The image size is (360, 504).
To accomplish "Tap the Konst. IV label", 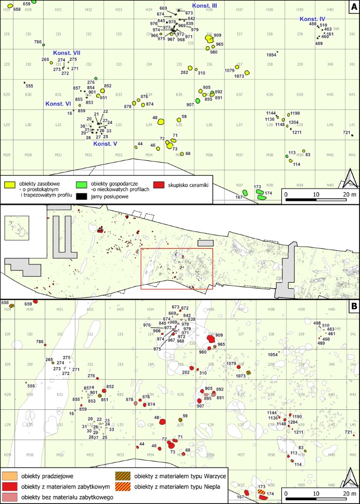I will tap(313, 19).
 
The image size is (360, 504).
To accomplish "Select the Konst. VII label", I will tap(67, 53).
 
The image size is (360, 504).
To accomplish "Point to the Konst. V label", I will tap(105, 144).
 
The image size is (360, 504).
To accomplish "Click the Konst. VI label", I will tap(58, 104).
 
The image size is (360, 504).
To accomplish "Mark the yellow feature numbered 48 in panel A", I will tap(161, 121).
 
